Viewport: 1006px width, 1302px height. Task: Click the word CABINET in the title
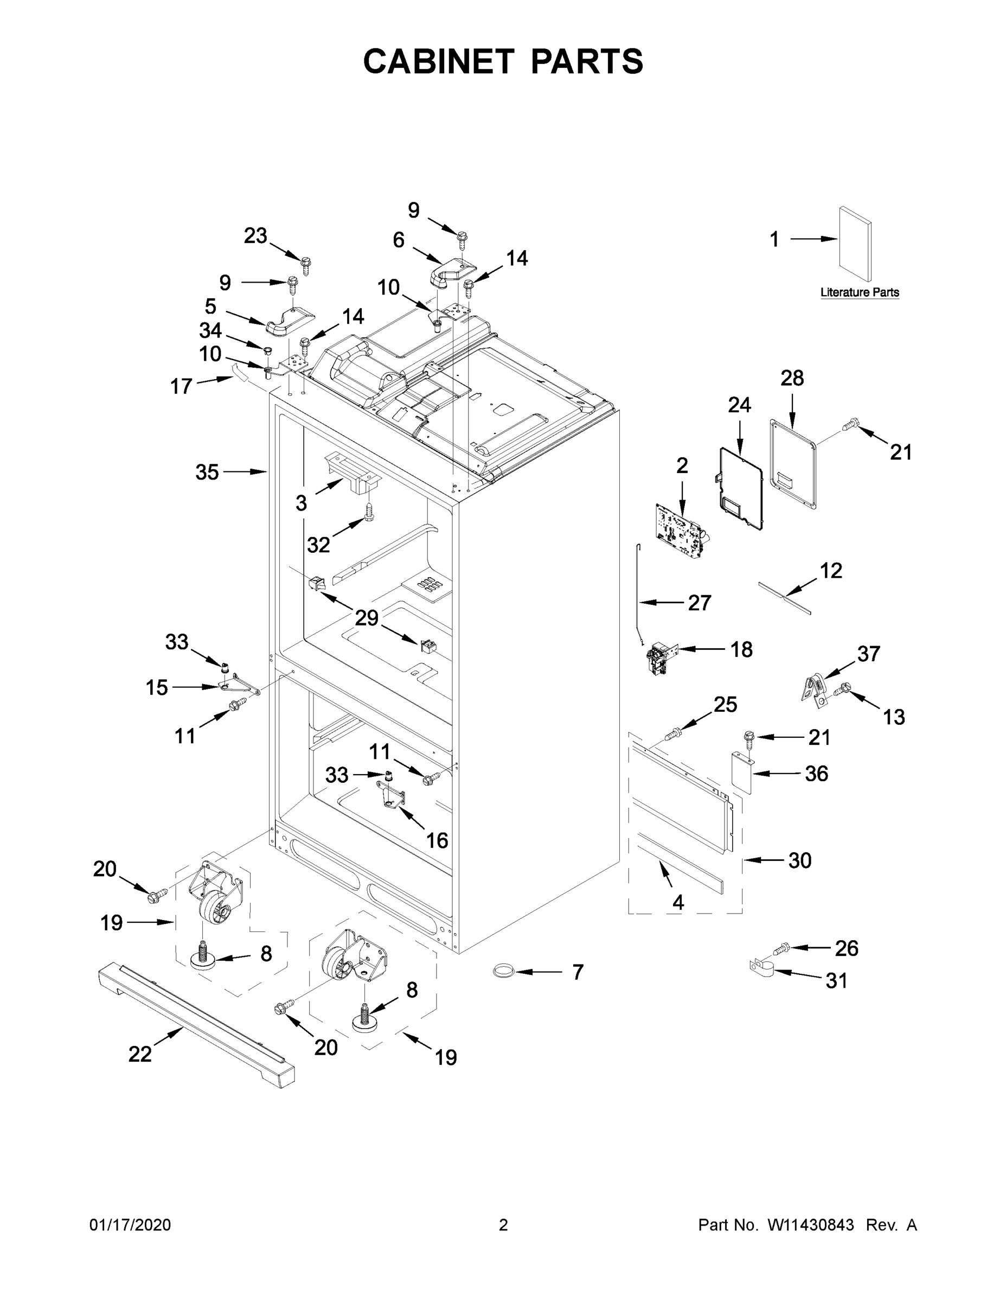[439, 61]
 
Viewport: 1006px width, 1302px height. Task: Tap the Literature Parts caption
[860, 293]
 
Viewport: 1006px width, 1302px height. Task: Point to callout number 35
[207, 472]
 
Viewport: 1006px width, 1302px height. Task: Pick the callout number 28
[792, 378]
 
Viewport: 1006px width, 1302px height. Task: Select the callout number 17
[181, 386]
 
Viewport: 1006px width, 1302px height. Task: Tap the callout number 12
[831, 571]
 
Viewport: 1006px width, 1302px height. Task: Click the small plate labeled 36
[742, 773]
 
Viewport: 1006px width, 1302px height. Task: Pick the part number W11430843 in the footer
[811, 1225]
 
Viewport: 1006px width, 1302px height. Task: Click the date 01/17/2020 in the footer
[130, 1225]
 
